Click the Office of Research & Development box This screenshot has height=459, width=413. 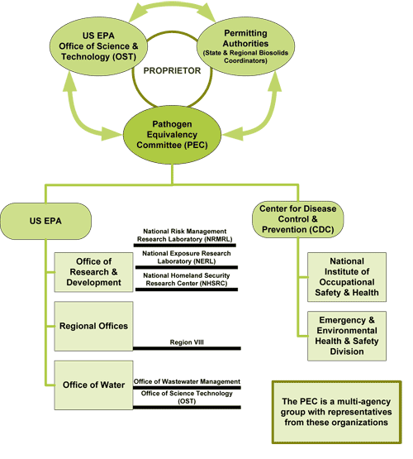click(90, 272)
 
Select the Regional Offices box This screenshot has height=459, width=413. click(93, 325)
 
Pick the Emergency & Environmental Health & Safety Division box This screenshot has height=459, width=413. click(346, 335)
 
